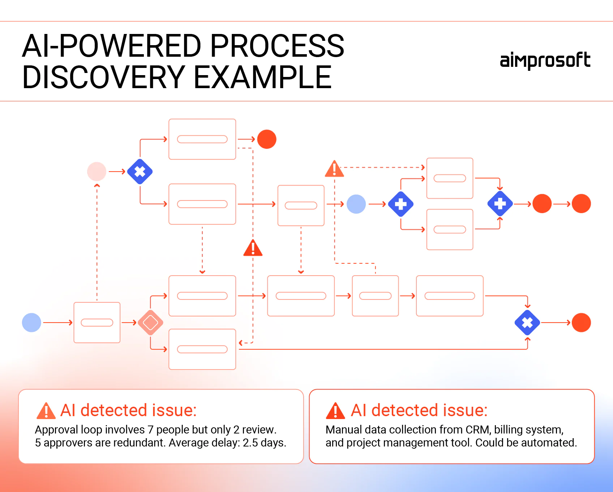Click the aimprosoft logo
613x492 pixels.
pos(545,61)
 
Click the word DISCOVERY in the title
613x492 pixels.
pos(103,77)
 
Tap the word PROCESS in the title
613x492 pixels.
pos(277,46)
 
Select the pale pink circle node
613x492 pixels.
pos(97,172)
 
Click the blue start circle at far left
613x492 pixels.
pos(31,323)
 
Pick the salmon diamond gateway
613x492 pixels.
pos(150,323)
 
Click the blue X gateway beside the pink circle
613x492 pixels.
pos(140,172)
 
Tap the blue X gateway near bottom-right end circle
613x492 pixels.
pos(527,323)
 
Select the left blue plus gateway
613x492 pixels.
pos(400,204)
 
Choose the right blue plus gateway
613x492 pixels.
pos(500,204)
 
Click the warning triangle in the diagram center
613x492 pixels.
pos(253,249)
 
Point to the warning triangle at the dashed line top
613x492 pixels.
pos(334,169)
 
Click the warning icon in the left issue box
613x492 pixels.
pos(46,411)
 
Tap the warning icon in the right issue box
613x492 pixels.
pos(335,411)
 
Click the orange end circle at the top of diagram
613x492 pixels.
pos(267,139)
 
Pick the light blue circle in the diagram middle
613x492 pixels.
pos(356,204)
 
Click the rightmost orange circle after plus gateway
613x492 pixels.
pos(581,204)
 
